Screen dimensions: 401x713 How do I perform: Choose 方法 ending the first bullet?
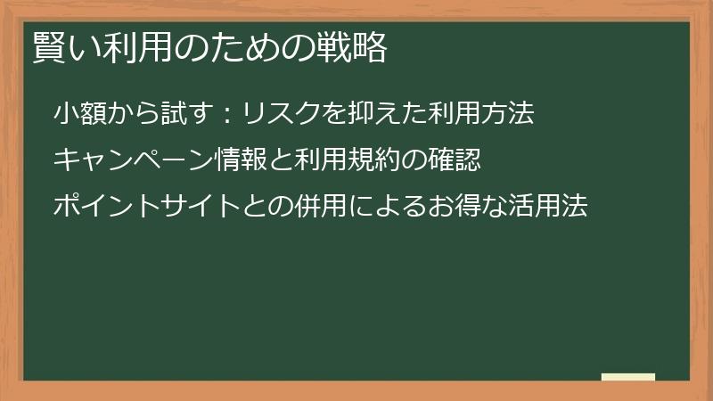click(508, 114)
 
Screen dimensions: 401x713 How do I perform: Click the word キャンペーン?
click(135, 160)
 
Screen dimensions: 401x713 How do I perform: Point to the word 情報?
click(241, 160)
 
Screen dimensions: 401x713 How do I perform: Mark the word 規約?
click(373, 160)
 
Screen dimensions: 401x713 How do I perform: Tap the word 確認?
click(455, 160)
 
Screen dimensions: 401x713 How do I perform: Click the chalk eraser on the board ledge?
click(628, 377)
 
